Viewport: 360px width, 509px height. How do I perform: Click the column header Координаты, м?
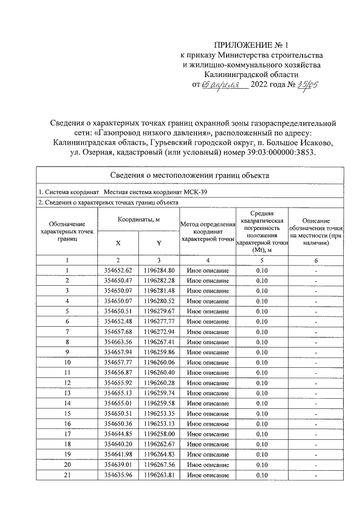[x=139, y=219]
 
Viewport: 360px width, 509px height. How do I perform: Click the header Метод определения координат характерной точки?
[x=207, y=231]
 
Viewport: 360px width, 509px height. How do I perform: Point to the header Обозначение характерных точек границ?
[x=66, y=231]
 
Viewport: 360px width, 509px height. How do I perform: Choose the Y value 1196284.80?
[x=159, y=271]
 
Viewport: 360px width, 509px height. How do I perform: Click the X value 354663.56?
[x=118, y=341]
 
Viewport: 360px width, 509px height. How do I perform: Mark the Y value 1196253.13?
[x=159, y=424]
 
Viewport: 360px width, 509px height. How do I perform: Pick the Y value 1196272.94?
[x=159, y=331]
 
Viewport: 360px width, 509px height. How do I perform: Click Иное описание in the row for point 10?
[x=207, y=362]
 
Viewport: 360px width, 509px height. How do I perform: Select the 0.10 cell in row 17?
[x=262, y=434]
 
